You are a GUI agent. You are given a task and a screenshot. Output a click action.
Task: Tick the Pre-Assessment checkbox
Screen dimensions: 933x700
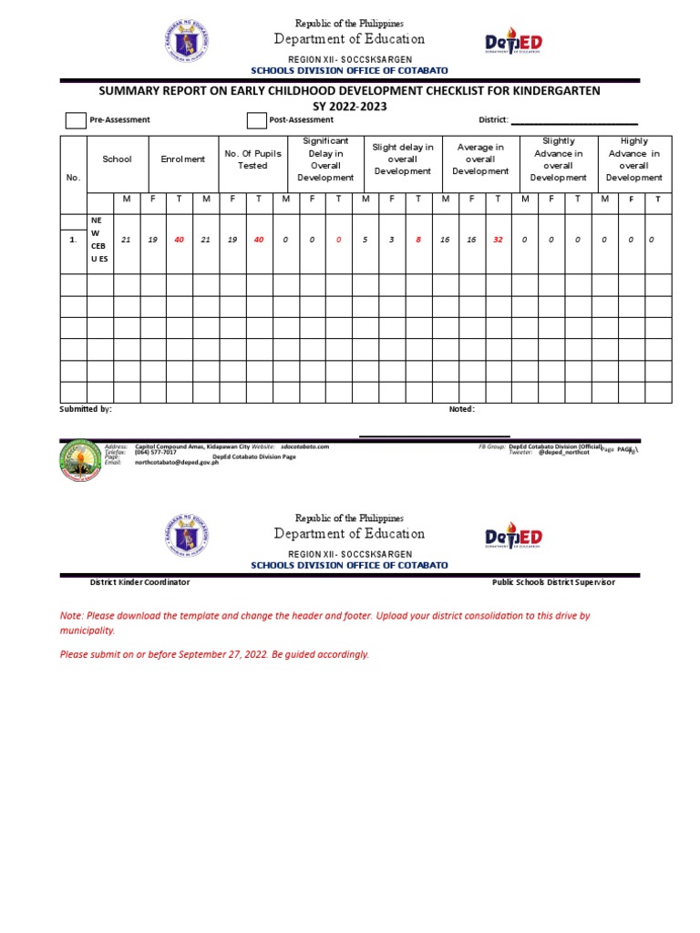coord(76,121)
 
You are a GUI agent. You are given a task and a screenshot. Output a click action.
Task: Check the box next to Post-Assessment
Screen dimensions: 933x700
coord(257,121)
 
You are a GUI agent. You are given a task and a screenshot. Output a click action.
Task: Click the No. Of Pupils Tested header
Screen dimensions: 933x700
coord(252,159)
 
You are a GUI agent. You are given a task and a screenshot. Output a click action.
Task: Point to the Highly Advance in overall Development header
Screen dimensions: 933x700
coord(633,159)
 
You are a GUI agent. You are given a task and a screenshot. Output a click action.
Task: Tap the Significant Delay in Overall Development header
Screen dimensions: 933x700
coord(324,159)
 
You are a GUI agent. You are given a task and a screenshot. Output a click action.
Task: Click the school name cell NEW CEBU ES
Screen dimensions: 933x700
coord(98,240)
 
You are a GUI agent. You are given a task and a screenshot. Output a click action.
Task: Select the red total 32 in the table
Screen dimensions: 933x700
coord(498,240)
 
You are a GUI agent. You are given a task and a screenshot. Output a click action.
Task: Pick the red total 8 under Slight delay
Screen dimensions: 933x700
coord(418,240)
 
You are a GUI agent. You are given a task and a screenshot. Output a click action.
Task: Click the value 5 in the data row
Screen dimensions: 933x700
coord(365,240)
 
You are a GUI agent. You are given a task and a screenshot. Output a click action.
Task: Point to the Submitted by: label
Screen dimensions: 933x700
coord(86,410)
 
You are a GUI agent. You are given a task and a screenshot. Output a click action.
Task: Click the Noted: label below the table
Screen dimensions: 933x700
coord(461,410)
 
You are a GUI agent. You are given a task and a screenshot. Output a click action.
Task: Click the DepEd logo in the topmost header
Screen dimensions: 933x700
coord(514,44)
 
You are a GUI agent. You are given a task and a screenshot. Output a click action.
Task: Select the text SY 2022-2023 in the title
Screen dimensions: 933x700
coord(350,107)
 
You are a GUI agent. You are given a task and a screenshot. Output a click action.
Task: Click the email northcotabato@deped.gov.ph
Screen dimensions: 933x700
coord(177,462)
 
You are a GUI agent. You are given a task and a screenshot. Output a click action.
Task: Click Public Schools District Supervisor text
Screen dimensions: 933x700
coord(553,582)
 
